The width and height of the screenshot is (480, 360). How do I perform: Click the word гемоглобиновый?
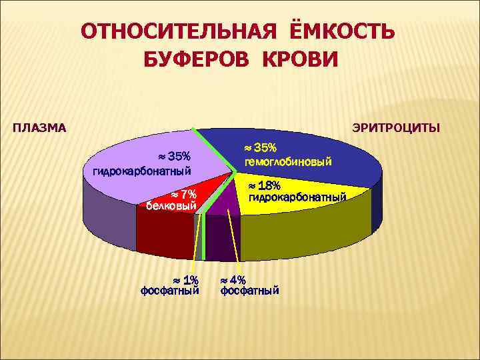point(289,162)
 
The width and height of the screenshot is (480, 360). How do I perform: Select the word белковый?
point(171,205)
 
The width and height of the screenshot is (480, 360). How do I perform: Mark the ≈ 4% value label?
point(233,279)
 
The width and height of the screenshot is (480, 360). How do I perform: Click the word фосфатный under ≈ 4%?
point(250,291)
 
